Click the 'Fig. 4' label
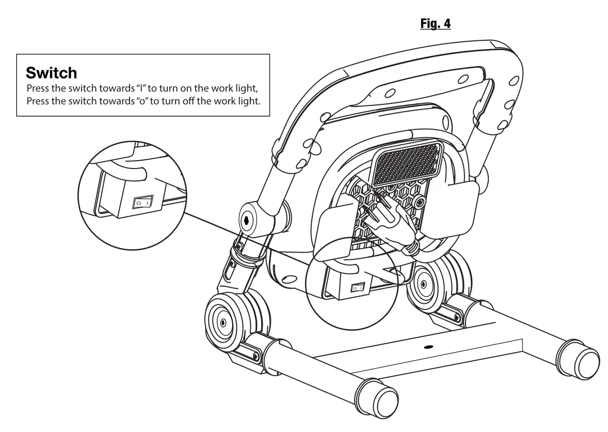(x=436, y=24)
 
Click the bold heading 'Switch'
(x=51, y=72)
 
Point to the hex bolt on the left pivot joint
(x=246, y=219)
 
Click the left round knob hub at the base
(x=222, y=322)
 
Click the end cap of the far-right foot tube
(x=585, y=362)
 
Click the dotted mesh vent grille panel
(x=406, y=164)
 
